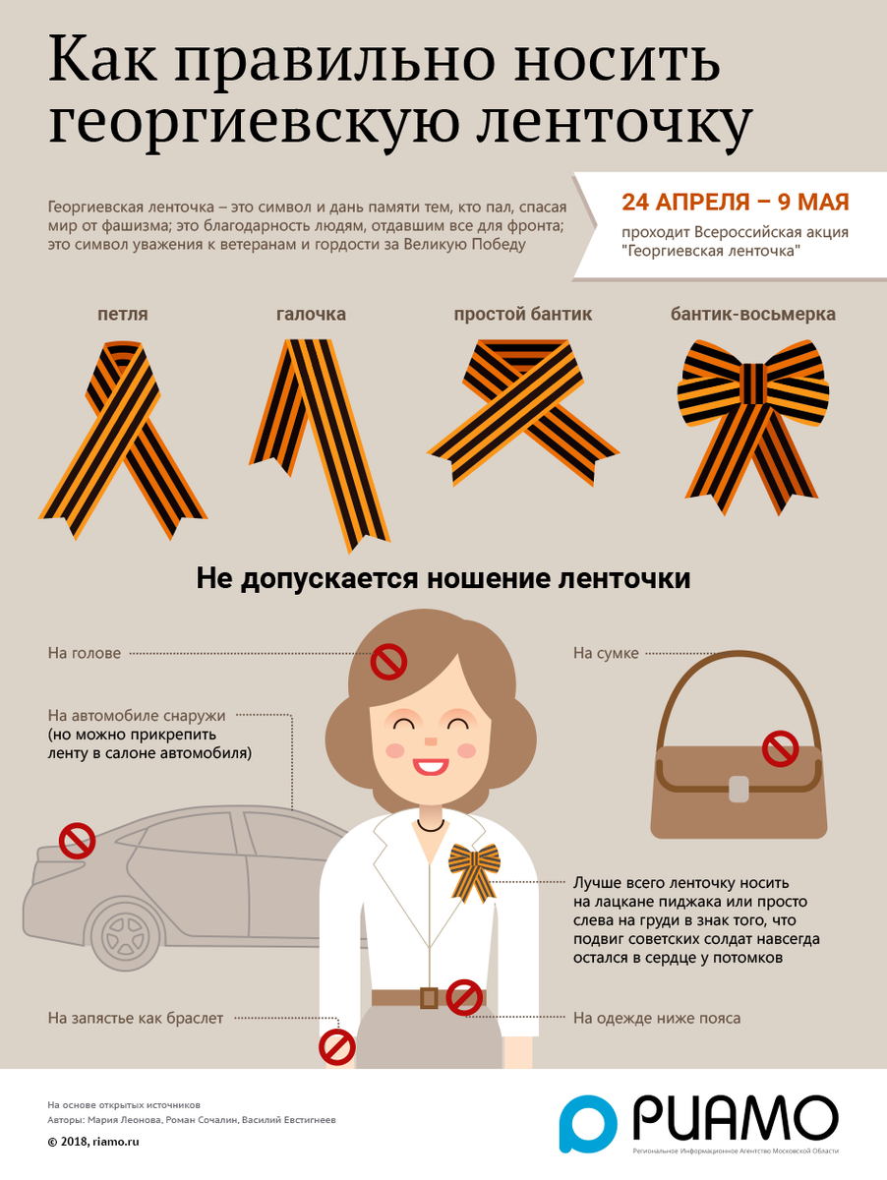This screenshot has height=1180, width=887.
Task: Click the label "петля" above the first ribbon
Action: click(x=123, y=315)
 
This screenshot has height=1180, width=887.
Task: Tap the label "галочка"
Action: click(x=311, y=314)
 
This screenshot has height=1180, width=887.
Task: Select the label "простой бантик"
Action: click(x=522, y=314)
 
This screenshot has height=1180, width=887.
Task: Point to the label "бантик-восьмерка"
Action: click(x=752, y=314)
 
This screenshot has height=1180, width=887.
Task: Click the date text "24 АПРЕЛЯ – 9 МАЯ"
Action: click(x=736, y=203)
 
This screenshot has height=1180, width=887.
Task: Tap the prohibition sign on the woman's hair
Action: click(x=388, y=661)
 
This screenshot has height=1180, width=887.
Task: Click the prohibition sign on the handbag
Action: click(x=781, y=747)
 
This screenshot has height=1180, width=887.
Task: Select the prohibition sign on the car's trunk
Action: click(x=78, y=840)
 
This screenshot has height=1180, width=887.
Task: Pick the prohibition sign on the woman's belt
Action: click(x=464, y=998)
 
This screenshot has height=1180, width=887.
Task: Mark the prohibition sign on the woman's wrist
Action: click(x=337, y=1047)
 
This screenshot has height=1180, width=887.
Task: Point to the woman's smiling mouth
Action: click(x=430, y=766)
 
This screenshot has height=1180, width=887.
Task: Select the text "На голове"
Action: click(x=85, y=653)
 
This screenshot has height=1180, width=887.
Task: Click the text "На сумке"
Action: click(x=606, y=653)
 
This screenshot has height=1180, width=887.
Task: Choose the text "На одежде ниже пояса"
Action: click(x=657, y=1018)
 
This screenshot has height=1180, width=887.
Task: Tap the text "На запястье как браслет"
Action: click(x=136, y=1018)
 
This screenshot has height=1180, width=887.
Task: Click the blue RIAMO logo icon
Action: click(x=588, y=1123)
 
